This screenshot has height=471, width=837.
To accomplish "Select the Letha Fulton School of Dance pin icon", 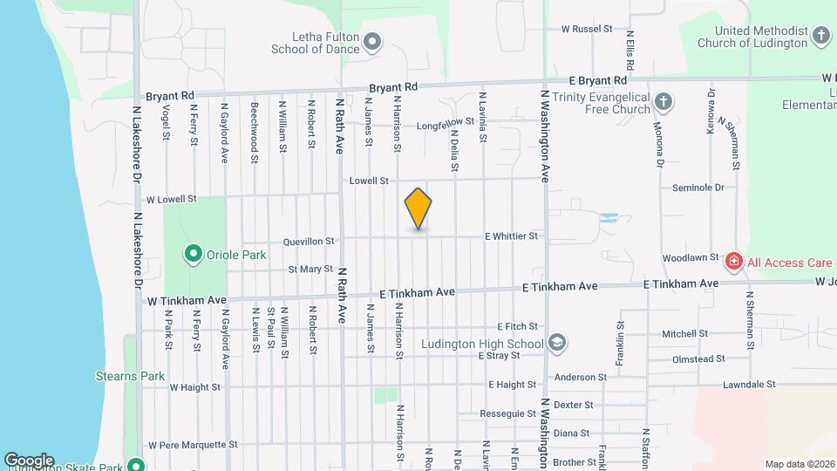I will (372, 42).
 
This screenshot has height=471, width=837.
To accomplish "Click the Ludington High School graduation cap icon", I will (557, 343).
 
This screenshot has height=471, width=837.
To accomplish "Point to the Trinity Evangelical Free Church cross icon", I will (663, 102).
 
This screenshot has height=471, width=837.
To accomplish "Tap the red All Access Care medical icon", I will (734, 261).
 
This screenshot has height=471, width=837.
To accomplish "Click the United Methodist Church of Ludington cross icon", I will (820, 36).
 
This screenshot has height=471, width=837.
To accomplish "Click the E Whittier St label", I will (512, 236).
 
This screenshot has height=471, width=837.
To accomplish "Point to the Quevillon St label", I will (309, 242).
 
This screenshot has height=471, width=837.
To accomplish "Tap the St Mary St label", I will (310, 269).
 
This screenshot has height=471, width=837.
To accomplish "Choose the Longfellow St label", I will (446, 122).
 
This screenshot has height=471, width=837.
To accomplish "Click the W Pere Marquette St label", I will (193, 444).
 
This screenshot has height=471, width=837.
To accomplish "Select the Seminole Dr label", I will (698, 188).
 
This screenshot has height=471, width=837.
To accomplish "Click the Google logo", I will (29, 460).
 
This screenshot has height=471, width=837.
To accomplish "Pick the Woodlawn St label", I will (690, 258).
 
